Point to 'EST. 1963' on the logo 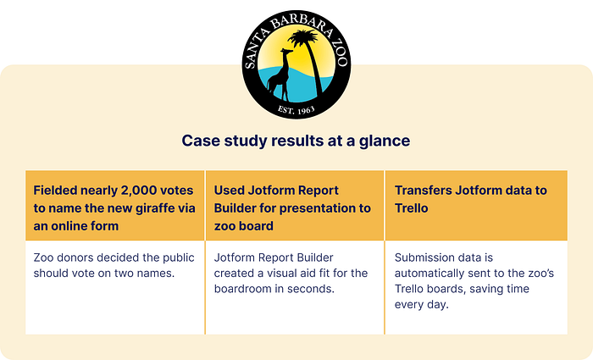(x=296, y=109)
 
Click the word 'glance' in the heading (x=385, y=141)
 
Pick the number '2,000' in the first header (x=138, y=191)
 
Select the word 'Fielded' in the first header (x=57, y=190)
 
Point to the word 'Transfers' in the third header (x=423, y=190)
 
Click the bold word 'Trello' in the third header (x=412, y=208)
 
